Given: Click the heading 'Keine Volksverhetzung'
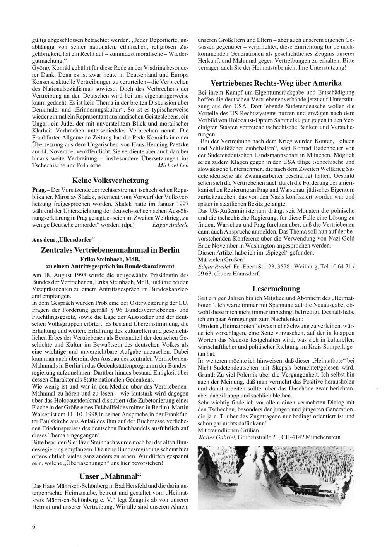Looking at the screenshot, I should tap(110, 181).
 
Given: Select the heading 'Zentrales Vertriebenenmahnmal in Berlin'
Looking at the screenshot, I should tap(110, 250).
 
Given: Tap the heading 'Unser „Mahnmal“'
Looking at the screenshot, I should tap(110, 476).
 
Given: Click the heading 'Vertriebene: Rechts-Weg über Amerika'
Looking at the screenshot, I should tap(276, 83).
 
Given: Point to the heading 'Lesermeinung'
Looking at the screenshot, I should tap(276, 289).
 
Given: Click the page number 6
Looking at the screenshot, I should tap(34, 526).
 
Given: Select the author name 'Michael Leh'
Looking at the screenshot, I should tap(173, 165).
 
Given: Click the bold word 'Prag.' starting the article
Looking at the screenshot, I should tap(39, 191).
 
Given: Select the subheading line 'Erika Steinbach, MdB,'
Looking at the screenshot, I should tap(110, 259).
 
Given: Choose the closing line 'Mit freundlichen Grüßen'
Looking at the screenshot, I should tap(228, 430).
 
